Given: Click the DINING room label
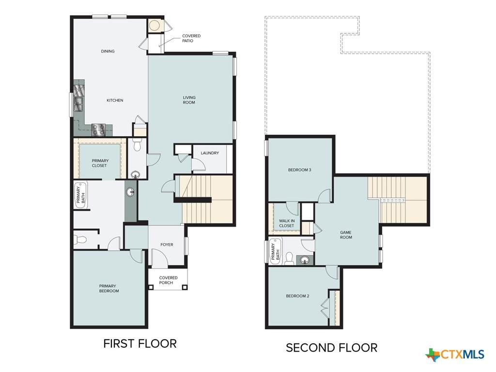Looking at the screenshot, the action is pos(108,51).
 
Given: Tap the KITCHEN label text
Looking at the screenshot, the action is pos(115,100).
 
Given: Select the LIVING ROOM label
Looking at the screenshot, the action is pos(189,100).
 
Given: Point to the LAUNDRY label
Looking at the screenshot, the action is pos(210,153).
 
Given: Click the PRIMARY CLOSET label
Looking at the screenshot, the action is pos(100,163).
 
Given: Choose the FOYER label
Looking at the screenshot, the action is pos(167,245).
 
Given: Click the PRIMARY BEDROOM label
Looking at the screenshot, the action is pos(109,289).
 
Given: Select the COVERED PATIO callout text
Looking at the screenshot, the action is pos(191,38).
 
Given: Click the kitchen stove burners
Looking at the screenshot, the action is pos(98,130).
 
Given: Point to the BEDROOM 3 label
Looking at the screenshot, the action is pos(299,170).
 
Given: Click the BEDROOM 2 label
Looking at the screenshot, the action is pos(297,296).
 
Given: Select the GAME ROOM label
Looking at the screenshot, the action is pos(346,235).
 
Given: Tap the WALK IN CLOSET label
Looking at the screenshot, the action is pos(286,223).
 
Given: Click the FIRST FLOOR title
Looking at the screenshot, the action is pos(140,343).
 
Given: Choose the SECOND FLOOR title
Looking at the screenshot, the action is pos(331,348).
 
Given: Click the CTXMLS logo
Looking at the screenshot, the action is pos(455,354).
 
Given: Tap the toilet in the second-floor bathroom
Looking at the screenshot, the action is pos(289,258).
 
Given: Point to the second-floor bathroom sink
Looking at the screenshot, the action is pos(305,260).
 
